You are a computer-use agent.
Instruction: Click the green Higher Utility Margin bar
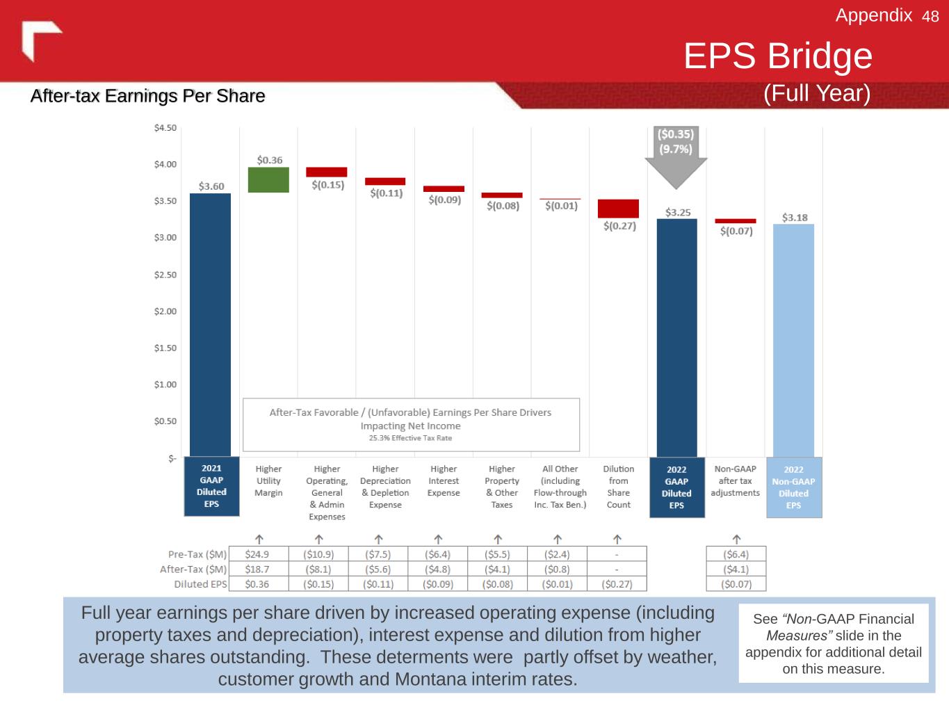coord(268,180)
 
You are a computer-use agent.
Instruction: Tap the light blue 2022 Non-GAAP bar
coord(793,340)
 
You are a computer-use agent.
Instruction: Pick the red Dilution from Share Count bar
coord(618,209)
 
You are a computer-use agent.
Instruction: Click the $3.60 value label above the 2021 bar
coord(211,186)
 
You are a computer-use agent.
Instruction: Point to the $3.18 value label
coord(795,218)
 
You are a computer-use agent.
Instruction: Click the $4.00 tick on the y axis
coord(165,165)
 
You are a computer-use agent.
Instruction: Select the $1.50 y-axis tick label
coord(165,348)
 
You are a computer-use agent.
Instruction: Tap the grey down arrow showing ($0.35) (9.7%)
coord(676,156)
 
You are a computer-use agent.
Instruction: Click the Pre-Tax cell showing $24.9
coord(257,554)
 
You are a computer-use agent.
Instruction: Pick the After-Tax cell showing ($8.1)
coord(318,569)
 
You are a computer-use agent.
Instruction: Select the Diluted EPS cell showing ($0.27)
coord(617,584)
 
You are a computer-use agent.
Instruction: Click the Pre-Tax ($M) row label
coord(197,554)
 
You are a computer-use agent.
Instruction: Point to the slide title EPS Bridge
coord(777,56)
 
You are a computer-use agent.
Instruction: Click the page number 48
coord(930,17)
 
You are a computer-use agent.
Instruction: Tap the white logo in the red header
coord(40,40)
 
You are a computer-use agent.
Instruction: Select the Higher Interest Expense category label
coord(444,481)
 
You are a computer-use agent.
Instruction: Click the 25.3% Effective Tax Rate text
coord(410,438)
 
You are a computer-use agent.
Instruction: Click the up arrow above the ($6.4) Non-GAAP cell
coord(736,539)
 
